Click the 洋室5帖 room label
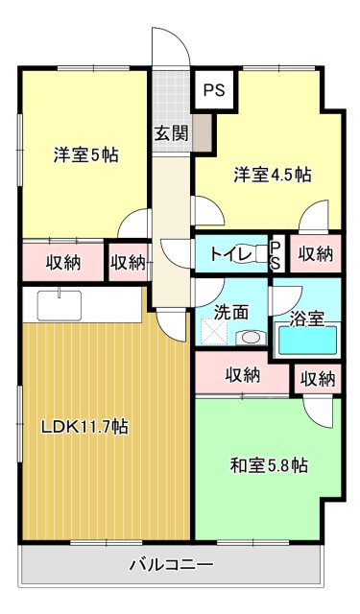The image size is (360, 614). tap(85, 153)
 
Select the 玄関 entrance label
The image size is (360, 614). tap(171, 133)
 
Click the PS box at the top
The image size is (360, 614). tap(213, 92)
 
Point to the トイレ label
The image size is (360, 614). tap(230, 254)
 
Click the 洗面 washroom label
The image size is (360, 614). tap(231, 312)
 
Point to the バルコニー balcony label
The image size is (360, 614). tap(172, 563)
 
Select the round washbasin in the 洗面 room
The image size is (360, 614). tap(252, 338)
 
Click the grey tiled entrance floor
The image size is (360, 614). tap(172, 96)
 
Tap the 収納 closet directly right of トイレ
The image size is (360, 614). tap(314, 254)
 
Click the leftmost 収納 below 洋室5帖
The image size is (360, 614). tap(62, 261)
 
